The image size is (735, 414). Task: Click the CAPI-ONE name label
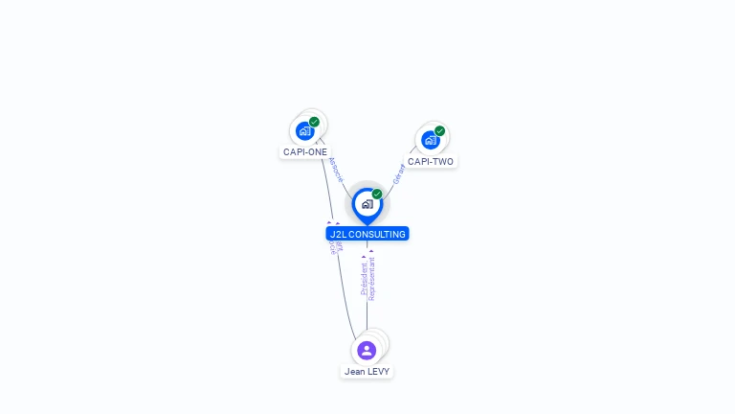[x=305, y=151]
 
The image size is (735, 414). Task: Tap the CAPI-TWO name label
[x=431, y=161]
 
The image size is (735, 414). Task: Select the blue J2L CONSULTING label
[x=367, y=234]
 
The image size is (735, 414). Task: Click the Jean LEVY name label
[x=367, y=371]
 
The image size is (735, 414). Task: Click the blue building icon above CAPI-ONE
[x=304, y=131]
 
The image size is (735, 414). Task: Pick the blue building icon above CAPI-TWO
[x=430, y=140]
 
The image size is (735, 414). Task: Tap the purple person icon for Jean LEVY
[x=367, y=351]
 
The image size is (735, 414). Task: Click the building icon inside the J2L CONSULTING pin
[x=367, y=203]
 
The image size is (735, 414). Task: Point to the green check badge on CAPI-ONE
[x=314, y=122]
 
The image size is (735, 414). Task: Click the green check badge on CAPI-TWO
[x=439, y=130]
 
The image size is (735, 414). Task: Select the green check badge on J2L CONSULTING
[x=377, y=194]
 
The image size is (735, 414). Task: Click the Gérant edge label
[x=399, y=173]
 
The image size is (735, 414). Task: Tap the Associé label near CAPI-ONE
[x=335, y=169]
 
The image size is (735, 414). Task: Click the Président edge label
[x=364, y=278]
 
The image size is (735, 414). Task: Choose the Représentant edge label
[x=372, y=278]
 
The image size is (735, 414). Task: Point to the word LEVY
[x=378, y=371]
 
